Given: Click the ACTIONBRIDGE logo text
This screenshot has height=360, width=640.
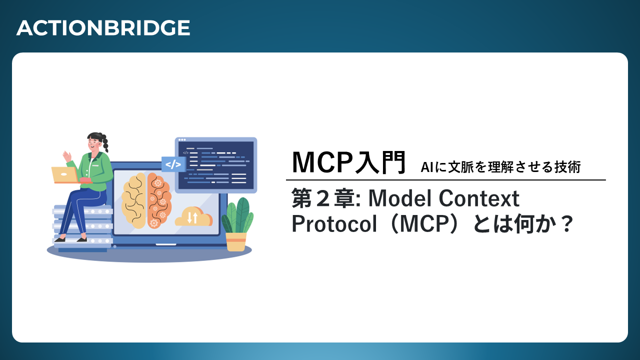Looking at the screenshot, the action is click(x=103, y=28).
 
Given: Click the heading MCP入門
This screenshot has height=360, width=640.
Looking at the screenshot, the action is click(x=348, y=162).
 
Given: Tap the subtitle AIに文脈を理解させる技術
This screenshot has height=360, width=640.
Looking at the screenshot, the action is click(x=500, y=167).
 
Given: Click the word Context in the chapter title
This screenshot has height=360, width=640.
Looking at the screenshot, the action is click(x=479, y=198).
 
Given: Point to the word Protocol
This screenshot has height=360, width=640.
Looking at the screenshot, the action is click(x=334, y=224).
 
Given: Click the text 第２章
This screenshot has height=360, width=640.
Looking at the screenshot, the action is click(x=323, y=198).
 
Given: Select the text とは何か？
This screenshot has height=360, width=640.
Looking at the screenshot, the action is click(x=523, y=224).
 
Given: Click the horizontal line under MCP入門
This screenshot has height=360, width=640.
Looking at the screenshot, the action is click(x=445, y=180).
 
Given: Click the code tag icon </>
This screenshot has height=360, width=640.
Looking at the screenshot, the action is click(x=173, y=164).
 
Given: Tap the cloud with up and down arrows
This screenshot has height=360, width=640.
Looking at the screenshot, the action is click(x=193, y=216).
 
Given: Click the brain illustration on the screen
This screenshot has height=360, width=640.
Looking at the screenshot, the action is click(x=146, y=200).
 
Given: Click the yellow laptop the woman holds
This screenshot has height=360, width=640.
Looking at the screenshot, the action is click(x=64, y=175).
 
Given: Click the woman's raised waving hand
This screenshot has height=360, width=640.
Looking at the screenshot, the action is click(x=67, y=156).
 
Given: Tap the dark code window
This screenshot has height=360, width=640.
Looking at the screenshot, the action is click(x=216, y=165).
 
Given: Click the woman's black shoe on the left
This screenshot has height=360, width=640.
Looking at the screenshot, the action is click(x=60, y=239).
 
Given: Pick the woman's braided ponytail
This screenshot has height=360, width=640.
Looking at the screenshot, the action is click(x=105, y=143).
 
